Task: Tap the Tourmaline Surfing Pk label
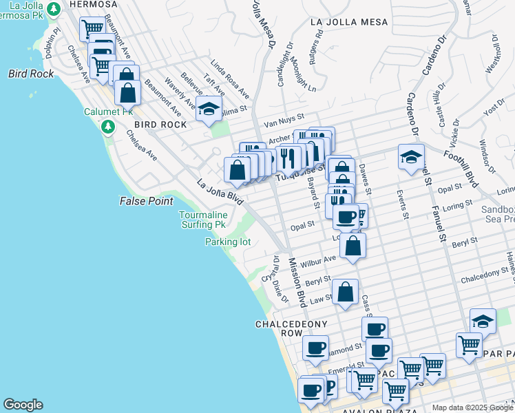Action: click(202, 220)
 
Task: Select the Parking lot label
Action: click(227, 242)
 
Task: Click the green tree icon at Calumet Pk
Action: click(107, 127)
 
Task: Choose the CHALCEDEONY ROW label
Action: click(288, 328)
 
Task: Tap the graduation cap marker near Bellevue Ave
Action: click(209, 108)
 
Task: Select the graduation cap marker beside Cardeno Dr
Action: click(410, 156)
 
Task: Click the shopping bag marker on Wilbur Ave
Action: click(352, 246)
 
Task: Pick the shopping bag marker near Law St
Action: click(345, 291)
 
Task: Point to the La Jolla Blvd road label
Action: click(220, 193)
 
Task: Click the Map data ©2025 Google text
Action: click(472, 407)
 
